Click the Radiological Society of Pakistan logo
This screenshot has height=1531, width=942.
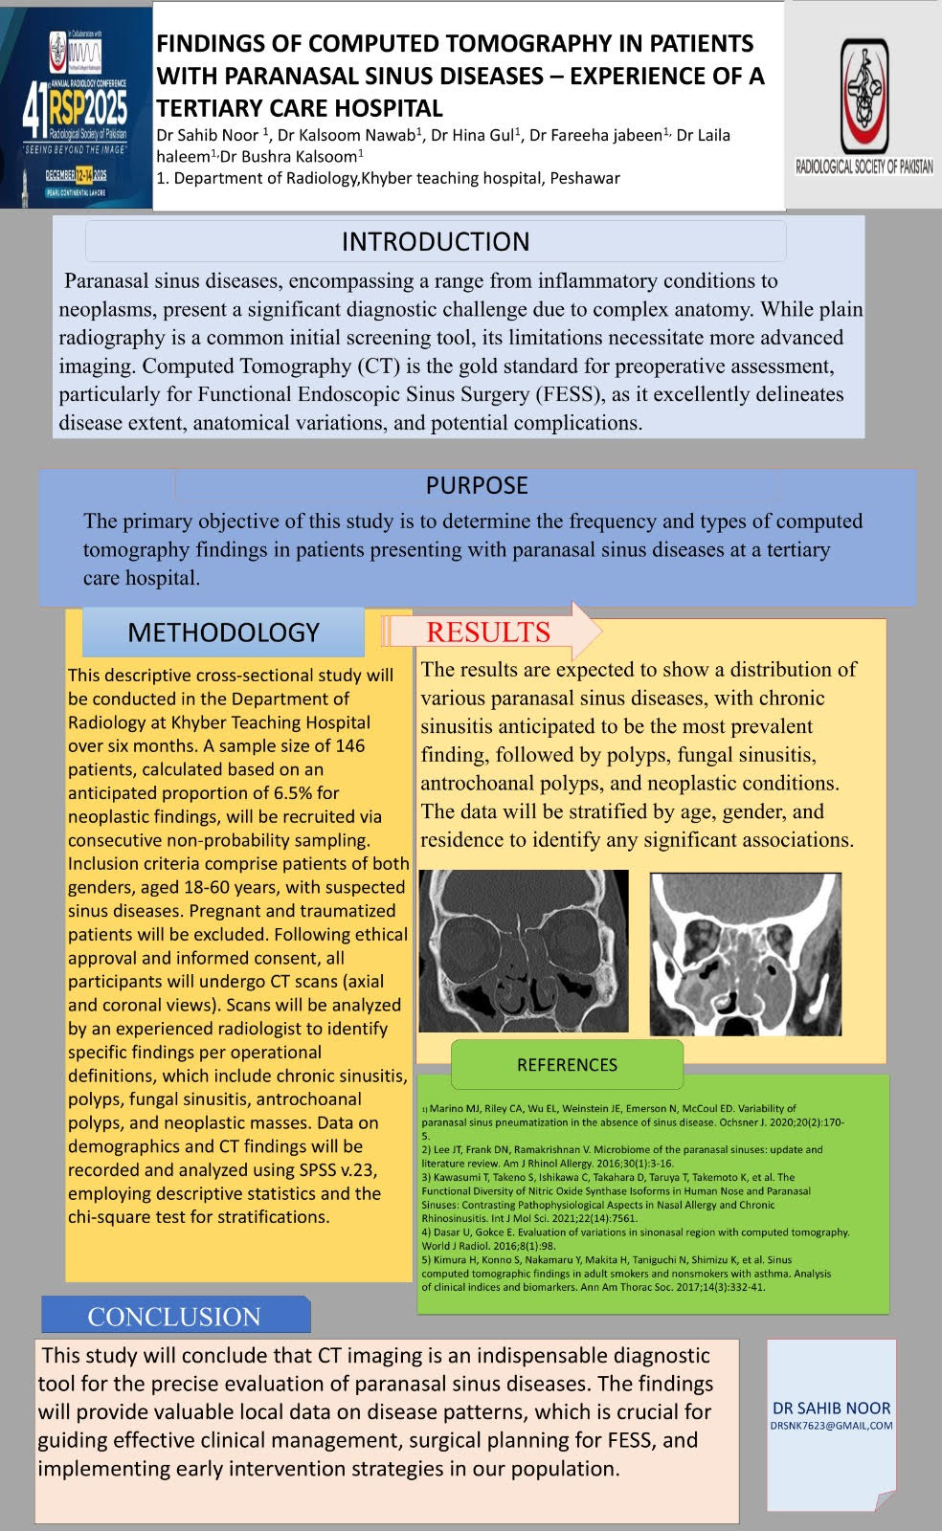tap(863, 105)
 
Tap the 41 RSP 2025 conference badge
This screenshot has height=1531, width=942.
tap(77, 105)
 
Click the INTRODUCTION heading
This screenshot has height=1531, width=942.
tap(436, 241)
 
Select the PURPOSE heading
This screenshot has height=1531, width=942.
tap(477, 485)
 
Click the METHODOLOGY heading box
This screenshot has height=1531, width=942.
tap(223, 632)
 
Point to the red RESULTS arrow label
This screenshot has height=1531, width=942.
tap(488, 632)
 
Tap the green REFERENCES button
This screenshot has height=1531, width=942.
tap(567, 1065)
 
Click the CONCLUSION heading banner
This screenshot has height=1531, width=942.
tap(174, 1317)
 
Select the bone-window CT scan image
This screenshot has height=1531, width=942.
tap(524, 950)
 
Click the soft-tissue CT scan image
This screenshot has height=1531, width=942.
tap(745, 954)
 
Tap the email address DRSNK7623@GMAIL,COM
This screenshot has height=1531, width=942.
tap(832, 1426)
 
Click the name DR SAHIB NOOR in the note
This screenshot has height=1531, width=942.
tap(832, 1408)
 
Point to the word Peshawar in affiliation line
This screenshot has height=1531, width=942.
tap(584, 178)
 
